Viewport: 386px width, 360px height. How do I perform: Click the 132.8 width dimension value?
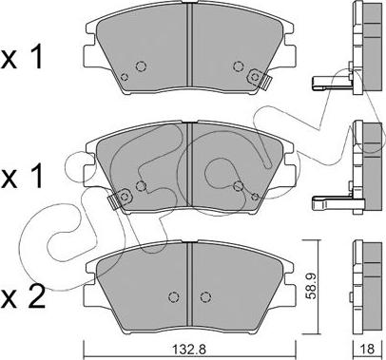click(189, 350)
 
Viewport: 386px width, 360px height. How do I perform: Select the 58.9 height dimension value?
click(311, 287)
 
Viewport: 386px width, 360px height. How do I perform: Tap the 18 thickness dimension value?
click(367, 349)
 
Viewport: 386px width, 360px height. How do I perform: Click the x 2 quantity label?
click(23, 297)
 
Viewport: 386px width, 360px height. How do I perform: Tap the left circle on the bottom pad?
click(173, 296)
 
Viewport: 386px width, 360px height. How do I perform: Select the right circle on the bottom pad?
click(205, 296)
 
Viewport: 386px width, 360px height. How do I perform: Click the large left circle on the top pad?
click(141, 66)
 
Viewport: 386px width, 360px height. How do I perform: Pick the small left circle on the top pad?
click(125, 77)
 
